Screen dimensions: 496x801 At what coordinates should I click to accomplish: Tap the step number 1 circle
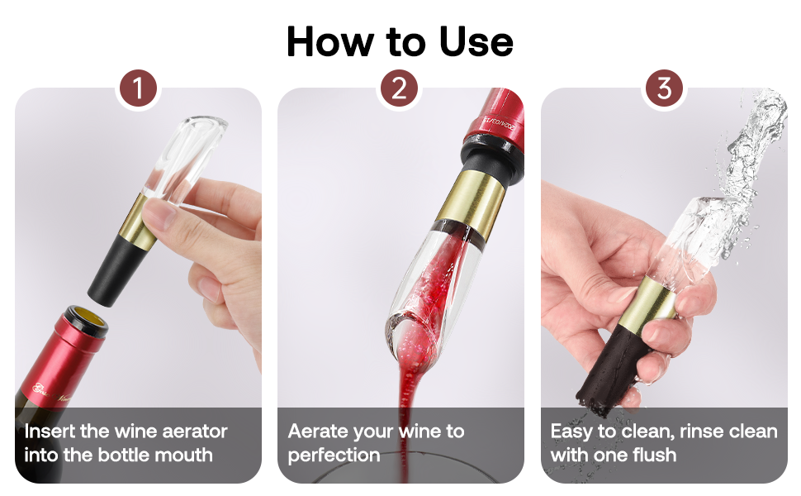pyautogui.click(x=137, y=88)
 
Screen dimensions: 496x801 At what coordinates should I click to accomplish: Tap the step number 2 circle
pyautogui.click(x=400, y=88)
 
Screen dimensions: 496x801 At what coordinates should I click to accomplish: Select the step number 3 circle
pyautogui.click(x=663, y=88)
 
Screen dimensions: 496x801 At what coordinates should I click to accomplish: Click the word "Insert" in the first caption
pyautogui.click(x=50, y=432)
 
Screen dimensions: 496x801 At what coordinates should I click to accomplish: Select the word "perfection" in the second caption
pyautogui.click(x=334, y=455)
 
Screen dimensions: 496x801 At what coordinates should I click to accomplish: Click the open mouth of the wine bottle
pyautogui.click(x=86, y=319)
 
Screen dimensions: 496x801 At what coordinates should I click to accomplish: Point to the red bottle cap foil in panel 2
pyautogui.click(x=494, y=122)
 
